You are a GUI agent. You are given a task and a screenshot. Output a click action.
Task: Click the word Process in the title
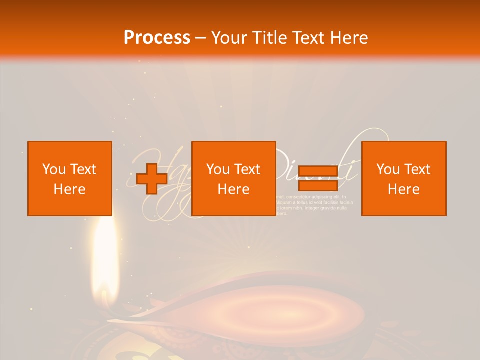pyautogui.click(x=157, y=37)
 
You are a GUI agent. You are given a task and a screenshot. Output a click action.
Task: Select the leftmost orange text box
pyautogui.click(x=70, y=178)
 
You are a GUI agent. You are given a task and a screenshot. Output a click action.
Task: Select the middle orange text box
pyautogui.click(x=233, y=178)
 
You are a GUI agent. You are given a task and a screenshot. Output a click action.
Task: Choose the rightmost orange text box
pyautogui.click(x=404, y=178)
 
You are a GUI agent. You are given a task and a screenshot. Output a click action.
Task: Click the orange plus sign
pyautogui.click(x=152, y=178)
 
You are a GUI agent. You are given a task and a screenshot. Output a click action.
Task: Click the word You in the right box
pyautogui.click(x=387, y=169)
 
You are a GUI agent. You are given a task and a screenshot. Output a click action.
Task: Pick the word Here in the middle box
pyautogui.click(x=233, y=189)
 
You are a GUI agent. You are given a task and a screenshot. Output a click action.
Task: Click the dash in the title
pyautogui.click(x=200, y=38)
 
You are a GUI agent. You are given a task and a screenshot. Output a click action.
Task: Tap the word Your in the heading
pyautogui.click(x=229, y=37)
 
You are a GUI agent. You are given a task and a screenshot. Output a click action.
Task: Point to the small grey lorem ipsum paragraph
pyautogui.click(x=315, y=205)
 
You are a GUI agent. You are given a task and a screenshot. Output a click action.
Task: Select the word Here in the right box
pyautogui.click(x=404, y=189)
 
